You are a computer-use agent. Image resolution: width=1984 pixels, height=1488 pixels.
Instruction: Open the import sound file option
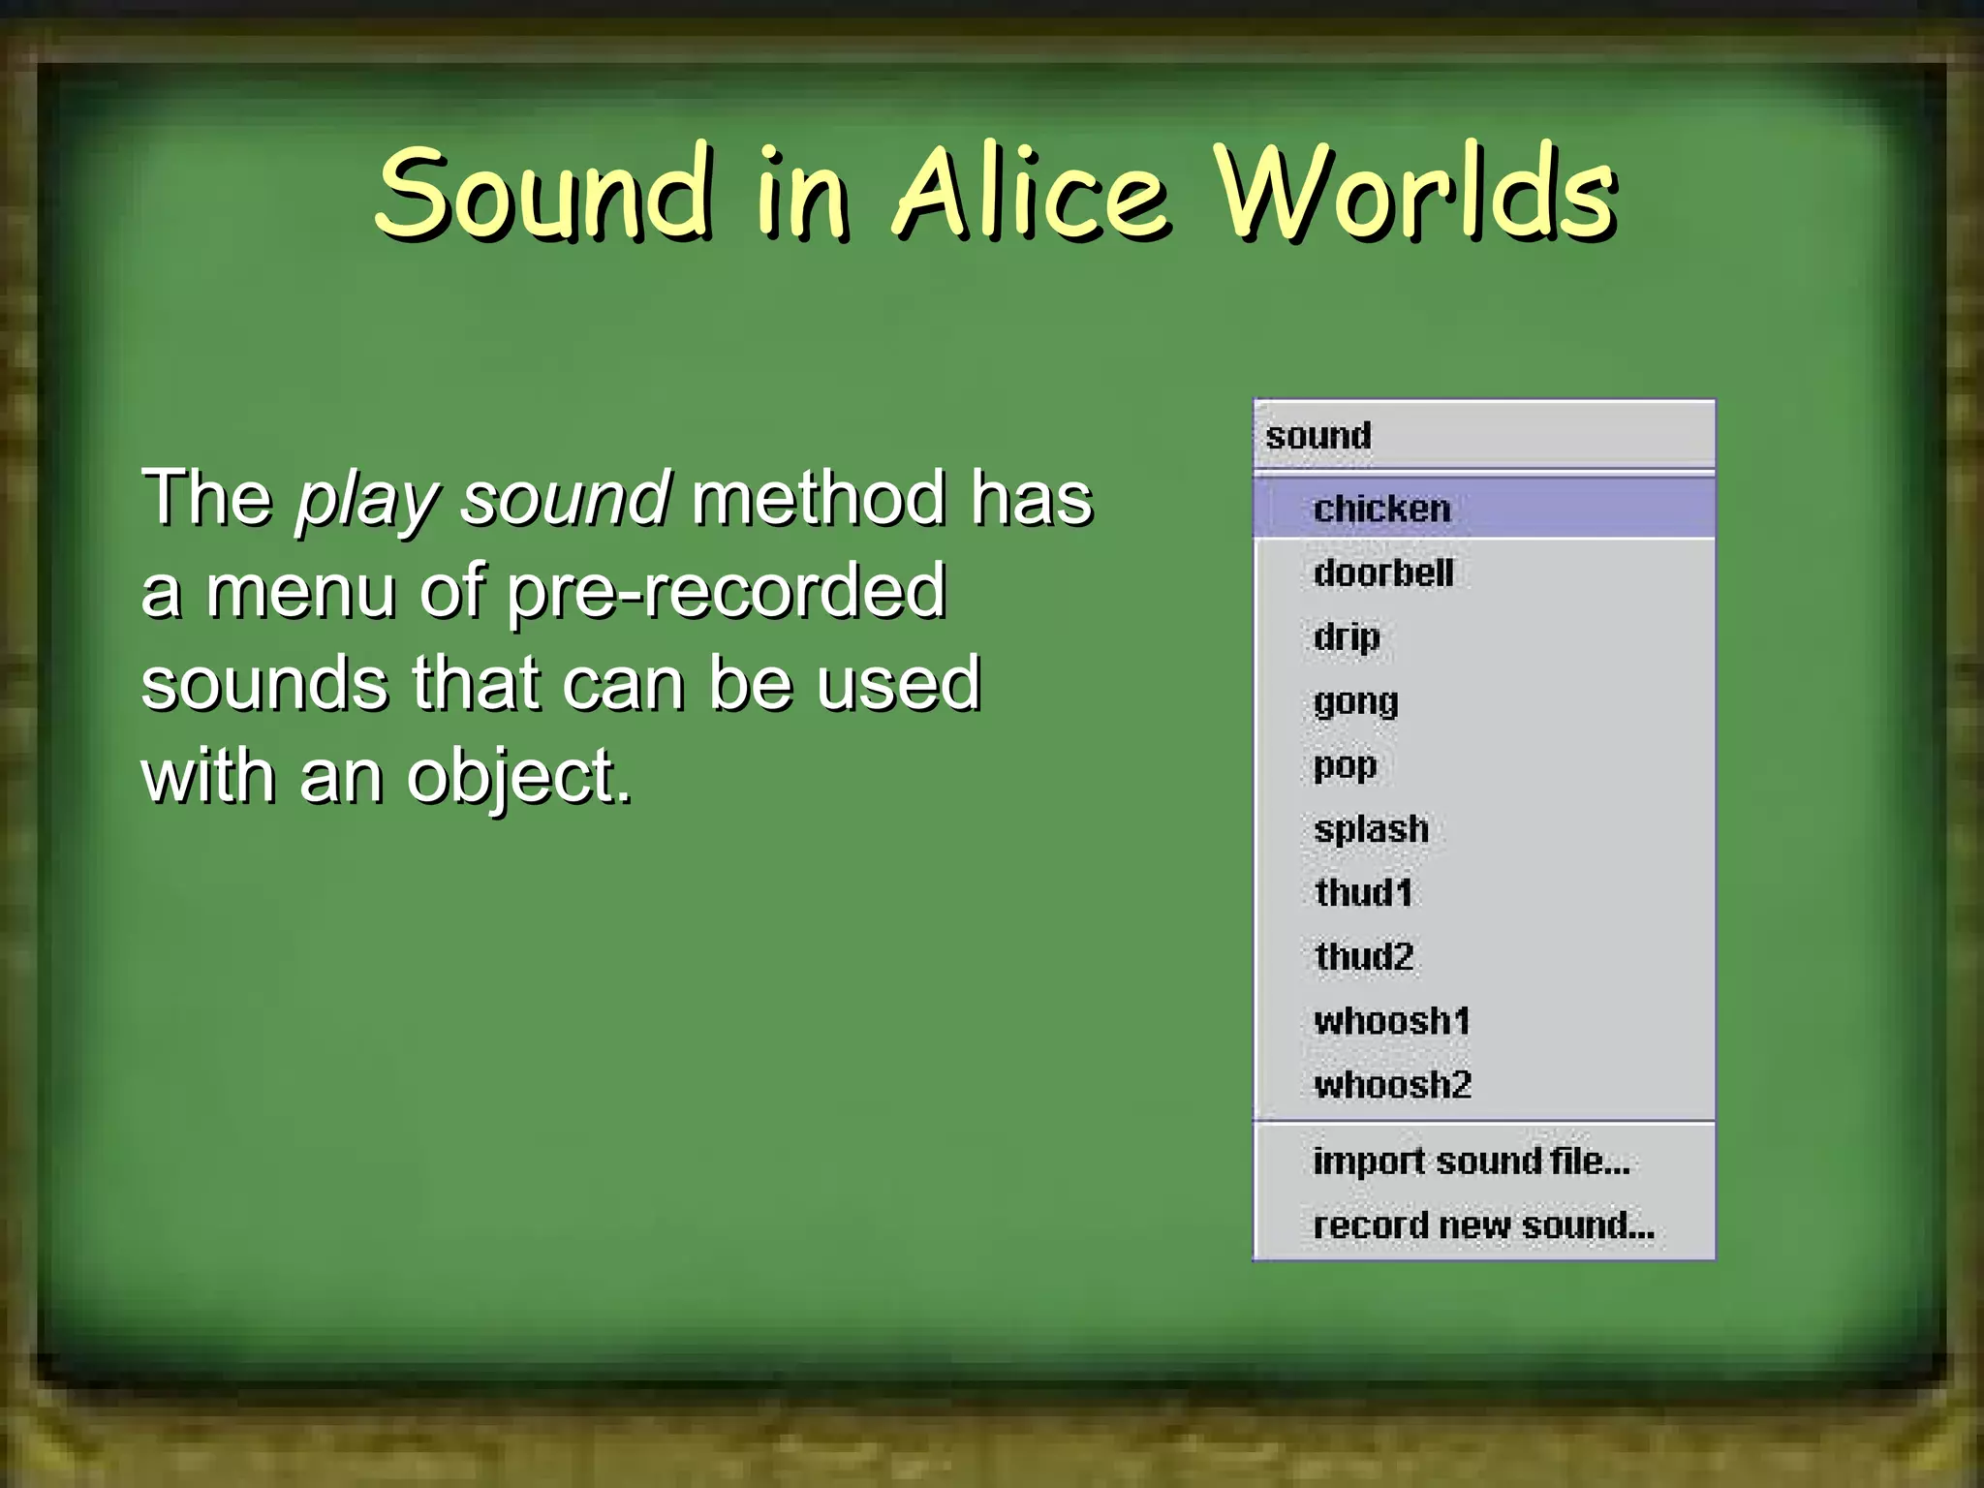[x=1472, y=1161]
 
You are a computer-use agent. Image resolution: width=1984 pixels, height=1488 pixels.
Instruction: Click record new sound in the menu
[x=1483, y=1225]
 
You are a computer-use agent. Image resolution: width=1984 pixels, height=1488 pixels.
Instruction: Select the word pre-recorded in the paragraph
[x=726, y=591]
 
